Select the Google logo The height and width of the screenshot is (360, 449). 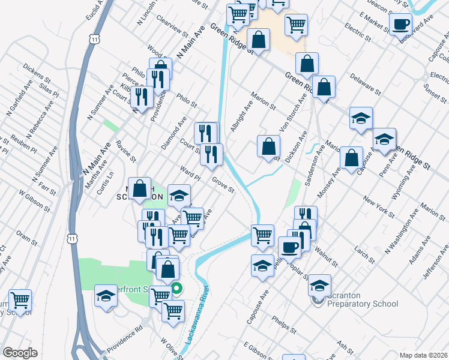coord(20,352)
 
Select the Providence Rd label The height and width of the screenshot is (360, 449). coord(125,340)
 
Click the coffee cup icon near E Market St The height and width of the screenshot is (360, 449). coord(400,25)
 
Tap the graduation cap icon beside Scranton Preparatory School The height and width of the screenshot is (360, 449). coord(319,284)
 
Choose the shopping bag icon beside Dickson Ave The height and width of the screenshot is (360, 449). coord(268,146)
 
